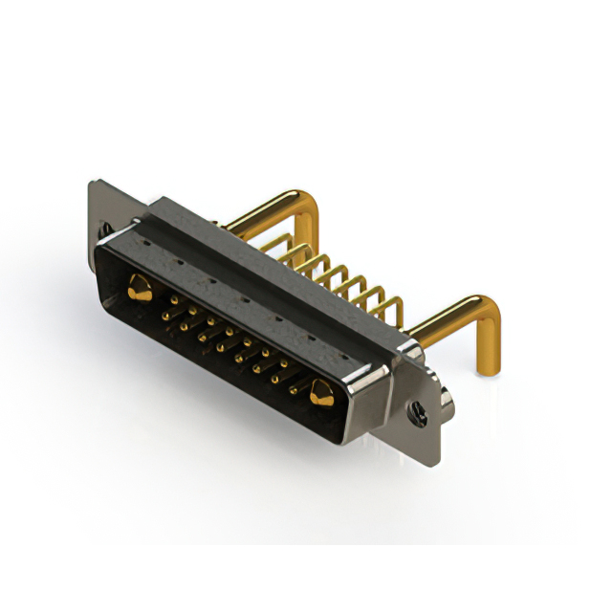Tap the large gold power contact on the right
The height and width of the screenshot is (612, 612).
320,390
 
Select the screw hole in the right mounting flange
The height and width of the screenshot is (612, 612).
418,415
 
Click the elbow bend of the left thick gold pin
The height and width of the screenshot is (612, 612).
308,205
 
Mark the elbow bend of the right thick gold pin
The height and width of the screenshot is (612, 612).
485,311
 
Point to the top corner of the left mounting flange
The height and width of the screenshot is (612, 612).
93,184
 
